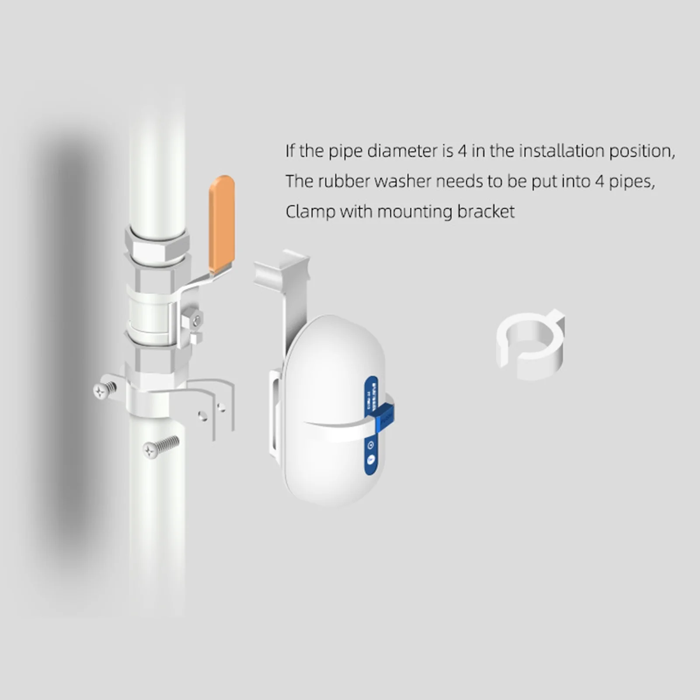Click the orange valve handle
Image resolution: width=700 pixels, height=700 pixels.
click(x=222, y=223)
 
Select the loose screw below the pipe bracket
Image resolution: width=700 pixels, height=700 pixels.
click(x=160, y=447)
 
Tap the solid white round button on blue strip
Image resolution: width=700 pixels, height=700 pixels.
click(x=370, y=460)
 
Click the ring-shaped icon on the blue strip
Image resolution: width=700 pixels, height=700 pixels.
click(x=371, y=445)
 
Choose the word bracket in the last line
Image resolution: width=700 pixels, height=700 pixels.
click(x=486, y=212)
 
